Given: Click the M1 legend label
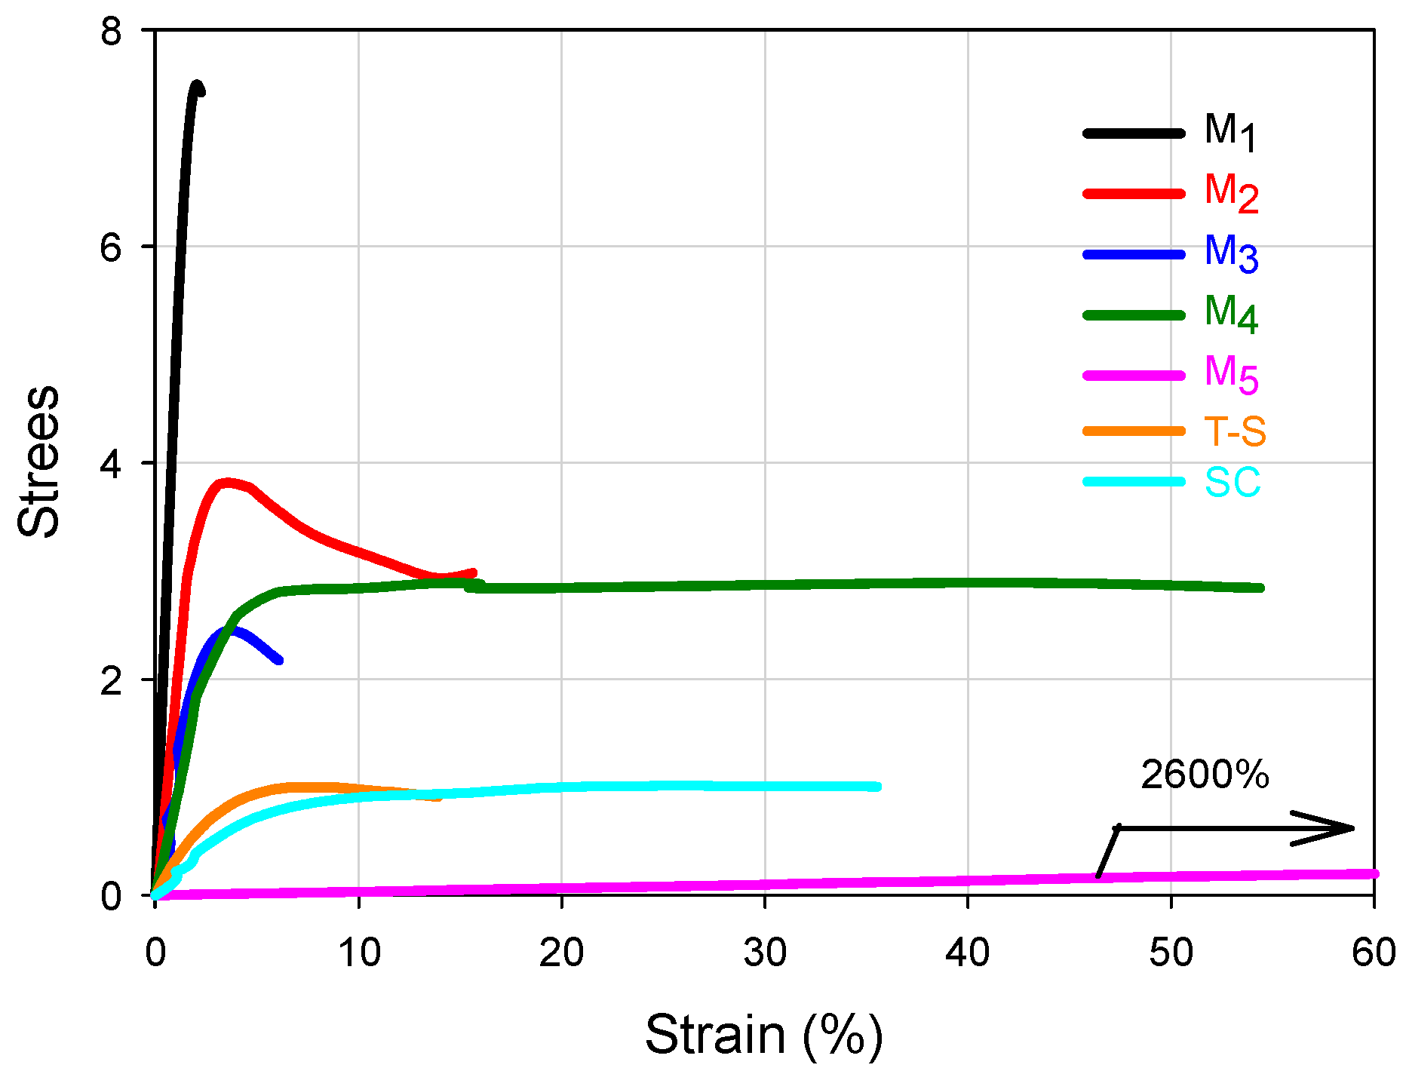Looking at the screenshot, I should pyautogui.click(x=1229, y=132).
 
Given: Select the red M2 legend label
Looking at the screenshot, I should pyautogui.click(x=1231, y=192).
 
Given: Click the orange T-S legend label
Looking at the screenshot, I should pyautogui.click(x=1235, y=431).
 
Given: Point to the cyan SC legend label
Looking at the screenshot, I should pyautogui.click(x=1233, y=482).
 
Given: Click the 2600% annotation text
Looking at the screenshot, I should pyautogui.click(x=1205, y=775).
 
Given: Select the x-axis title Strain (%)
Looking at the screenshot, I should pyautogui.click(x=763, y=1035).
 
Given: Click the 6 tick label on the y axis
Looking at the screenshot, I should pyautogui.click(x=111, y=247).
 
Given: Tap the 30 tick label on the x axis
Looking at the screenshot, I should pyautogui.click(x=765, y=953).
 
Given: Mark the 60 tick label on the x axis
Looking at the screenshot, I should pyautogui.click(x=1373, y=953).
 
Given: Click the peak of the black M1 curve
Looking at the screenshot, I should pyautogui.click(x=197, y=85).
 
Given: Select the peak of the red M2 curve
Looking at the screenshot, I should pyautogui.click(x=227, y=483).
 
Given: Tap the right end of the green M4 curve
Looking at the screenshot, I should pyautogui.click(x=1260, y=588).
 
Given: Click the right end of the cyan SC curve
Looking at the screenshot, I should pyautogui.click(x=877, y=787).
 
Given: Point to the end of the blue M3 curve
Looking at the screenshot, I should pyautogui.click(x=279, y=660).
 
